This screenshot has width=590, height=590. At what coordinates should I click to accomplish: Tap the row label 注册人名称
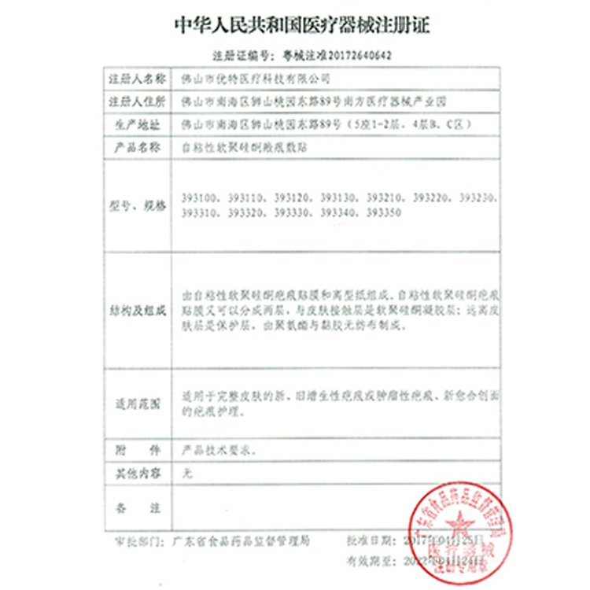[x=135, y=80]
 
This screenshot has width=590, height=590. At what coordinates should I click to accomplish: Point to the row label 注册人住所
[x=135, y=102]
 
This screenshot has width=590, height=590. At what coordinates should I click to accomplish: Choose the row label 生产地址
[x=135, y=124]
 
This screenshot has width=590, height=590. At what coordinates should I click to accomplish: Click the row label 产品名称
[x=135, y=146]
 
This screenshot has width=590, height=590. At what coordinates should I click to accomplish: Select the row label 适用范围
[x=135, y=404]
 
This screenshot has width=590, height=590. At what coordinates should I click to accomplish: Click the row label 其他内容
[x=135, y=474]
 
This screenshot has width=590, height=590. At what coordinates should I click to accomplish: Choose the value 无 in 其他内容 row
[x=186, y=474]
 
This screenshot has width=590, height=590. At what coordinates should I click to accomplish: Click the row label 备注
[x=135, y=511]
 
